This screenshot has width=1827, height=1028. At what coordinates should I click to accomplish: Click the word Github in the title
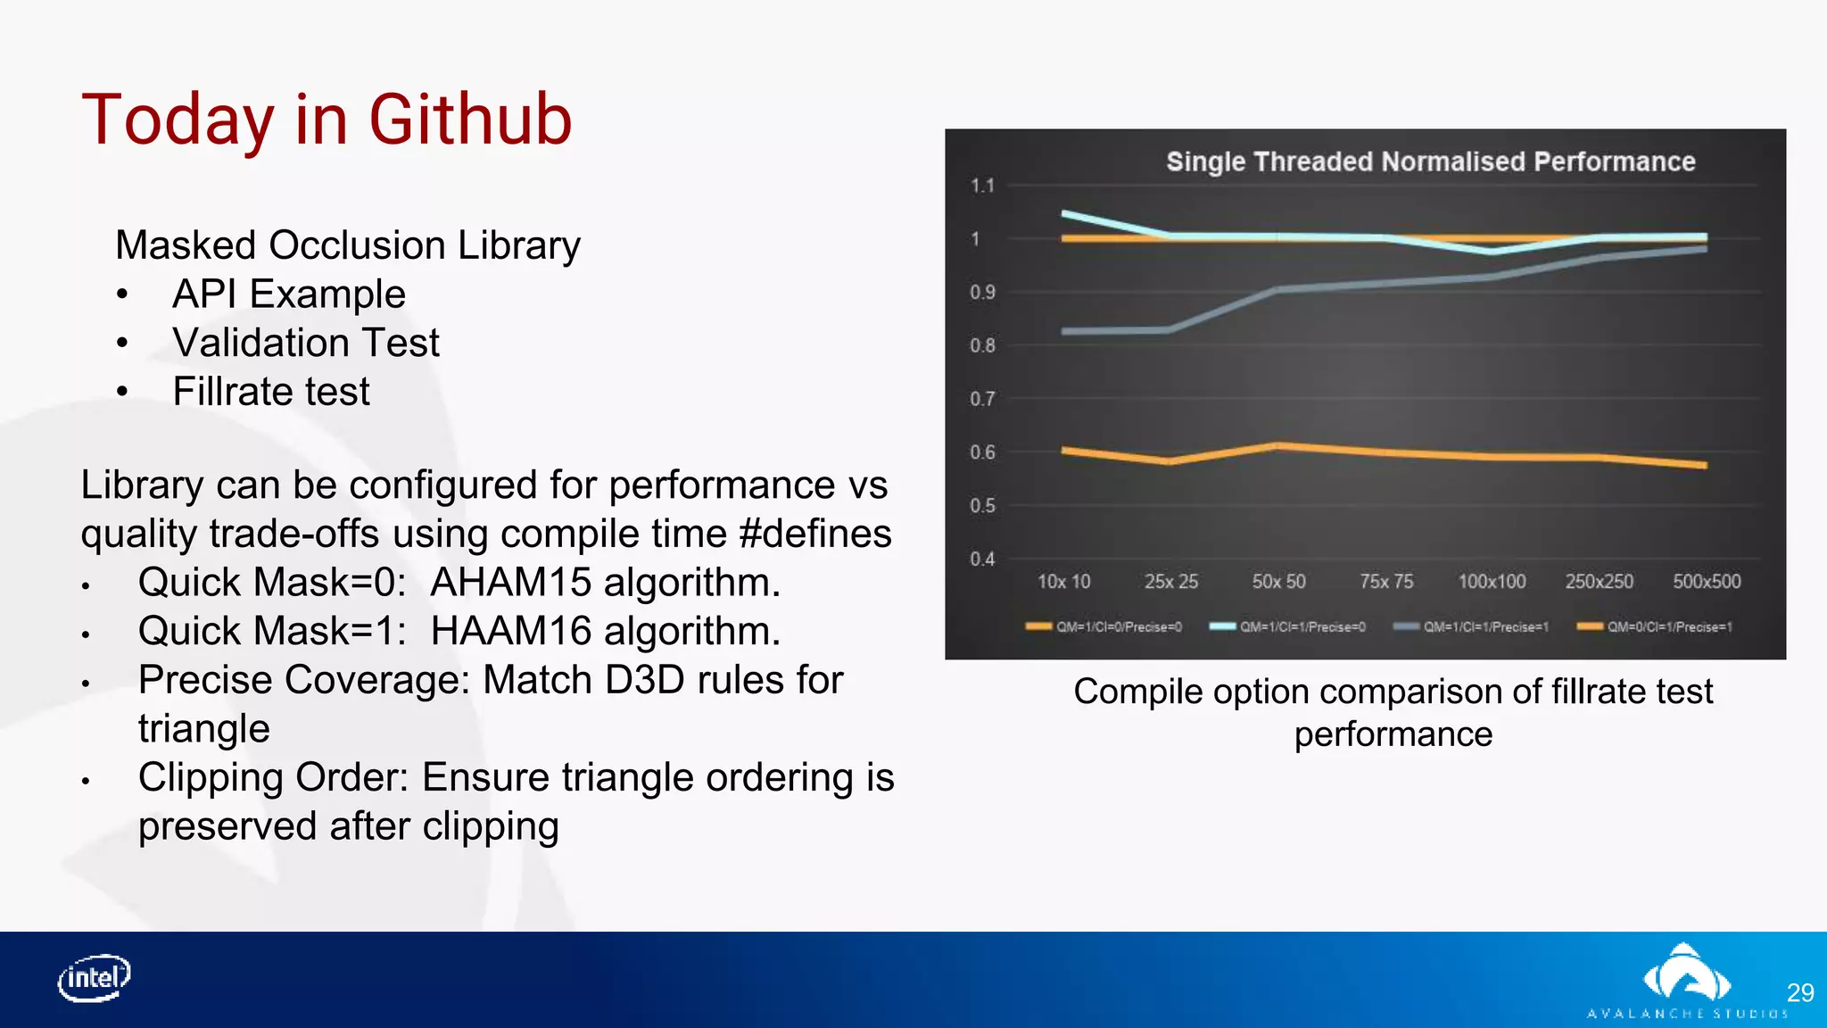tap(470, 120)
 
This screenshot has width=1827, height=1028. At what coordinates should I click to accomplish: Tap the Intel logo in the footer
tap(95, 978)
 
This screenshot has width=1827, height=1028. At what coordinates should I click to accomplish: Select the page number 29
tap(1799, 992)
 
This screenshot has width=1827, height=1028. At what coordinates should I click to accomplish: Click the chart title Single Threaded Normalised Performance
tap(1430, 162)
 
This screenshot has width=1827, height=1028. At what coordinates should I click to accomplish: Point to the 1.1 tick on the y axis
tap(981, 186)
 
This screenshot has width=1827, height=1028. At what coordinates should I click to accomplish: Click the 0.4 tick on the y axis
tap(981, 559)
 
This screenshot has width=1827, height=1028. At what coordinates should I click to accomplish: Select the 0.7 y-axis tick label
tap(981, 399)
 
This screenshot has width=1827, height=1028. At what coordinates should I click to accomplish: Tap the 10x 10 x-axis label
tap(1063, 582)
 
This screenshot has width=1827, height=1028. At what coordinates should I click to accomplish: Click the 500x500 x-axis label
tap(1706, 582)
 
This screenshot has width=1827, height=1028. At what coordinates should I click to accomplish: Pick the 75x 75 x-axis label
tap(1385, 582)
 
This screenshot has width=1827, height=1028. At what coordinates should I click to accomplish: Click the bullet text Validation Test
tap(306, 343)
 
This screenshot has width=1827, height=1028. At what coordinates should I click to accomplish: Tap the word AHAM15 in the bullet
tap(510, 583)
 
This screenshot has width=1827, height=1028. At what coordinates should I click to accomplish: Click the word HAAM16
tap(510, 632)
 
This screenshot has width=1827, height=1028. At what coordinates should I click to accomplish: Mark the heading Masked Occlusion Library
tap(348, 245)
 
